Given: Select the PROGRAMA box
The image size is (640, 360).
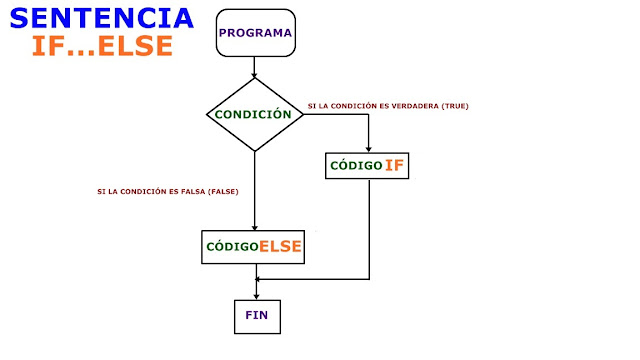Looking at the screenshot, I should click(256, 32).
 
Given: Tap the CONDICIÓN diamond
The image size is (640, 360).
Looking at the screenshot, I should click(256, 114).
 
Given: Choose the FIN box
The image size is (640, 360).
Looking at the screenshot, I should click(256, 315).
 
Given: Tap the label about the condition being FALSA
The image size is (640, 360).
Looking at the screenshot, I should click(168, 191).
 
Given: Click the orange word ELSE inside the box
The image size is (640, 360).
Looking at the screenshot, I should click(281, 245).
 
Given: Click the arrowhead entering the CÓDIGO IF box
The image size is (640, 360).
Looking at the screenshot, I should click(370, 146).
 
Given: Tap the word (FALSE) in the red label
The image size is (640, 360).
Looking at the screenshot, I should click(223, 191).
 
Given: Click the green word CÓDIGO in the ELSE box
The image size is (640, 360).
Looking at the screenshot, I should click(232, 246).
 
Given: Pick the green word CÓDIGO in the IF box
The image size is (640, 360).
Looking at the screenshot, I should click(355, 164).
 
